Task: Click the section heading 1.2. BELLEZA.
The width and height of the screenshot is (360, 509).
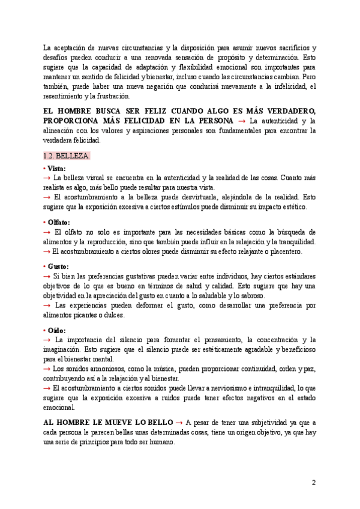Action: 67,156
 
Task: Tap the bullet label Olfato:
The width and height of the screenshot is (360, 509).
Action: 59,222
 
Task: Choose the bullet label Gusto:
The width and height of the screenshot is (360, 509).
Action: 58,266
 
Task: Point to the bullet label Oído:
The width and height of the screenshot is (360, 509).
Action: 56,330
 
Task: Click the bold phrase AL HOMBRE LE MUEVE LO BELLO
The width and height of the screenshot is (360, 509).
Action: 109,422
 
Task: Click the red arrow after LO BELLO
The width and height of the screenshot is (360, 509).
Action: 180,422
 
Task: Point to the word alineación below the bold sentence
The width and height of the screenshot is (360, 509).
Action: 64,131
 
